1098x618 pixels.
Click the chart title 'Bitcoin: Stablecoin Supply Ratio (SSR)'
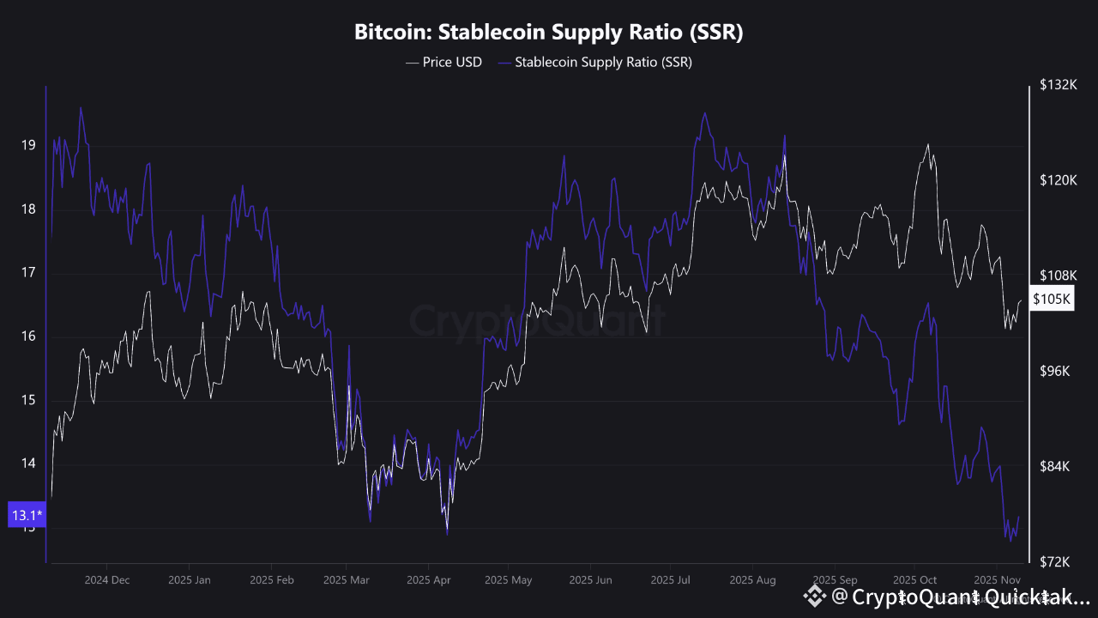(x=548, y=33)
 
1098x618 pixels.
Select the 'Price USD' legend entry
(x=443, y=62)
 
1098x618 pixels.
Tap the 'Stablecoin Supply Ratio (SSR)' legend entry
(x=594, y=62)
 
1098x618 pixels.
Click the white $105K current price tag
(x=1052, y=299)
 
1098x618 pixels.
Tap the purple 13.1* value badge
(x=27, y=515)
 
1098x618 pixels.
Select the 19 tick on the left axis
(x=28, y=145)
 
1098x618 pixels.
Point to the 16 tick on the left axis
(x=28, y=336)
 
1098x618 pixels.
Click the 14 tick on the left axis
(x=28, y=463)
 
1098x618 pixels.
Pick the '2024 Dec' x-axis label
(x=107, y=579)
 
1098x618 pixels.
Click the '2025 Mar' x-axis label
(x=346, y=579)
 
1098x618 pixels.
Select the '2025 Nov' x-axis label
(x=995, y=579)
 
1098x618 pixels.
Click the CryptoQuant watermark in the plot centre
(x=536, y=321)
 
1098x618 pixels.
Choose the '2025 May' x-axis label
(x=508, y=579)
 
